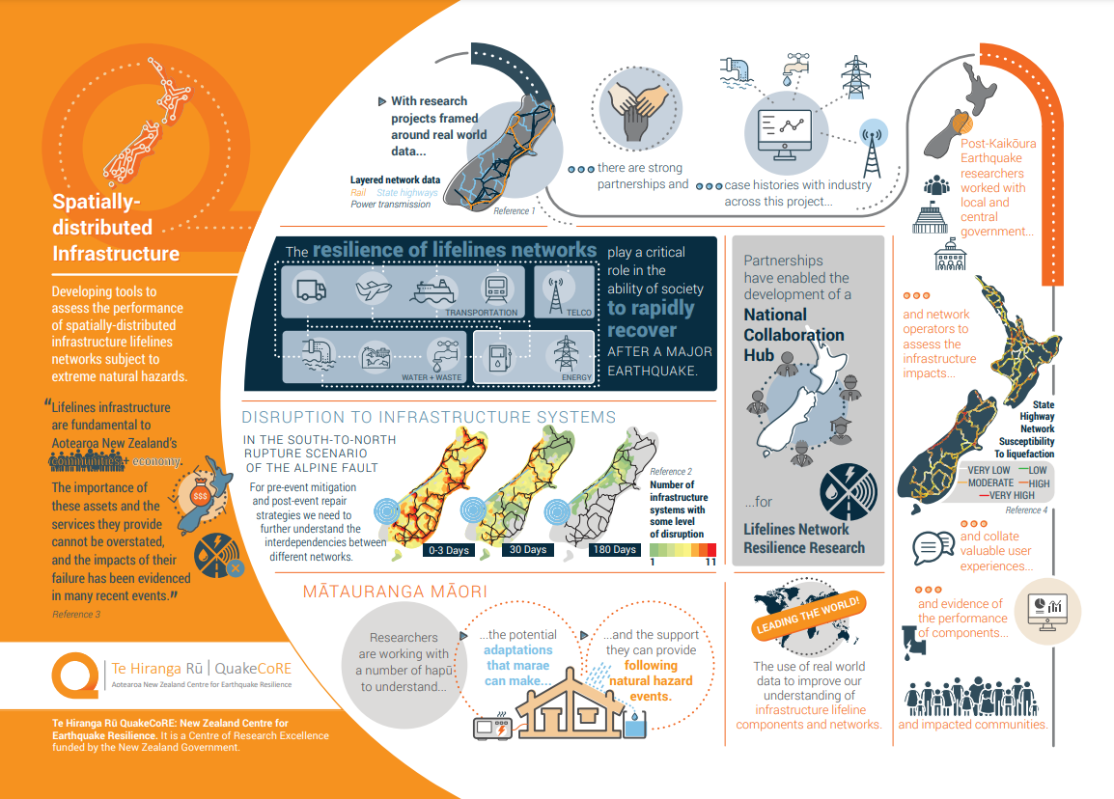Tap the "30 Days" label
pos(528,550)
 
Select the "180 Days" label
pos(614,550)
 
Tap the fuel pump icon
pos(498,355)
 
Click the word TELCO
pos(580,313)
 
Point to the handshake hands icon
pos(634,108)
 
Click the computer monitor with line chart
pos(785,134)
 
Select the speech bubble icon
pos(927,547)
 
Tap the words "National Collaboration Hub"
pos(794,335)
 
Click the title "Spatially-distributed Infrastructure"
pos(115,228)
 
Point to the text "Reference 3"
pos(76,614)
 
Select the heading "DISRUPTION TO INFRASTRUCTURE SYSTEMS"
pos(429,418)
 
